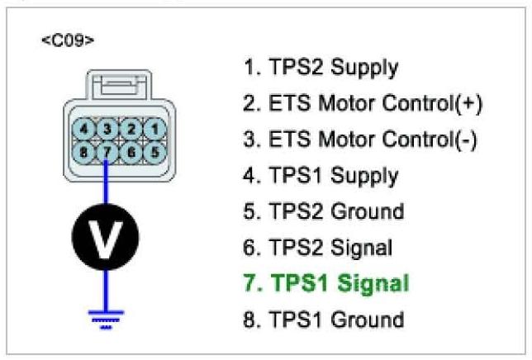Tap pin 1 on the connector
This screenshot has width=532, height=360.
pos(152,130)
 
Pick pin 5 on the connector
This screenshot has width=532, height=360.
pos(152,151)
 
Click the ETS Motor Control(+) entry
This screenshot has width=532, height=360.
pos(363,104)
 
